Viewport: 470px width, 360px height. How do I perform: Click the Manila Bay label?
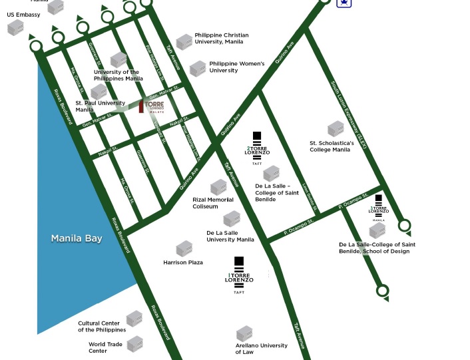(x=77, y=238)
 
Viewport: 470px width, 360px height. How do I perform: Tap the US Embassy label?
(x=23, y=15)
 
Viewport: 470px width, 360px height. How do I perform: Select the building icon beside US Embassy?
(x=15, y=28)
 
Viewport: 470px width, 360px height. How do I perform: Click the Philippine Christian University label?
(x=221, y=39)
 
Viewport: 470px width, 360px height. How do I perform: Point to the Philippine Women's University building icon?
(x=198, y=68)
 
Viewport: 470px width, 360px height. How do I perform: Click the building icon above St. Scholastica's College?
(x=336, y=129)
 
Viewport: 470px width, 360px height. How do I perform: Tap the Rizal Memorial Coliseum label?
(x=213, y=203)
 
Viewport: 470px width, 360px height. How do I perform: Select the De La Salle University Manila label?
(x=230, y=236)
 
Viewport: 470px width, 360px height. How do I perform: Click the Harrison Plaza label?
(x=183, y=263)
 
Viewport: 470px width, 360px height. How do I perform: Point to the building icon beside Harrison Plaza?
(x=184, y=249)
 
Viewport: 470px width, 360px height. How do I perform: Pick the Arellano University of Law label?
(x=262, y=349)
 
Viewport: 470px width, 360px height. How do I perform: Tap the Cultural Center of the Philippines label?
(x=102, y=327)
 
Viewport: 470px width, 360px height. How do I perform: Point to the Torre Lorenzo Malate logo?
(x=151, y=106)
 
